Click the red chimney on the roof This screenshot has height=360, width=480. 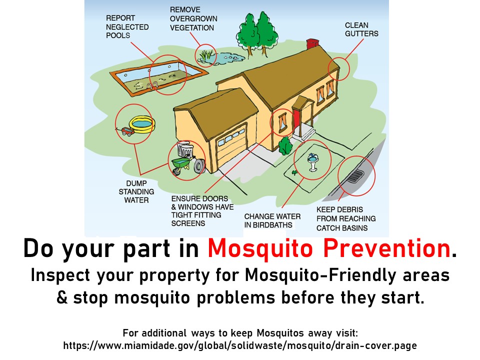pyautogui.click(x=312, y=44)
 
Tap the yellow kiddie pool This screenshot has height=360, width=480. pyautogui.click(x=142, y=124)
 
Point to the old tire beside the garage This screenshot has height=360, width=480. pyautogui.click(x=199, y=166)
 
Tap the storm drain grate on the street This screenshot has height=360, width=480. pyautogui.click(x=355, y=176)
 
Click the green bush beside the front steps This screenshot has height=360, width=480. pyautogui.click(x=285, y=146)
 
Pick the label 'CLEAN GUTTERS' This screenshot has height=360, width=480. pyautogui.click(x=361, y=29)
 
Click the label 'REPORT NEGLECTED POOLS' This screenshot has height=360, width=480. pyautogui.click(x=127, y=26)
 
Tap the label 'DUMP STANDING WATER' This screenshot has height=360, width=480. pyautogui.click(x=136, y=191)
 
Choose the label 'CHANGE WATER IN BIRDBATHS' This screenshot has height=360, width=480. pyautogui.click(x=272, y=220)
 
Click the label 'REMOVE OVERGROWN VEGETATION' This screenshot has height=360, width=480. pyautogui.click(x=193, y=18)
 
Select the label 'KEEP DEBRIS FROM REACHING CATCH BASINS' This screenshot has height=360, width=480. pyautogui.click(x=346, y=218)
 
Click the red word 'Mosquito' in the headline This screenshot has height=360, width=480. pyautogui.click(x=260, y=248)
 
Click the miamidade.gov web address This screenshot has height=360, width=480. pyautogui.click(x=240, y=346)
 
